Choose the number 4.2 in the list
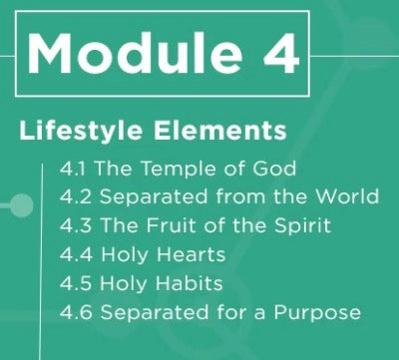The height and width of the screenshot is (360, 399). click(x=74, y=197)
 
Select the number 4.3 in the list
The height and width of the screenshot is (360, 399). click(x=74, y=226)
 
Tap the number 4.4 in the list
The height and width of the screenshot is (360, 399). click(x=74, y=255)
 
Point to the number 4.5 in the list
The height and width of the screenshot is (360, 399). click(x=74, y=284)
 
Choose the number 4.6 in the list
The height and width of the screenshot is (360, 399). click(x=74, y=313)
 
